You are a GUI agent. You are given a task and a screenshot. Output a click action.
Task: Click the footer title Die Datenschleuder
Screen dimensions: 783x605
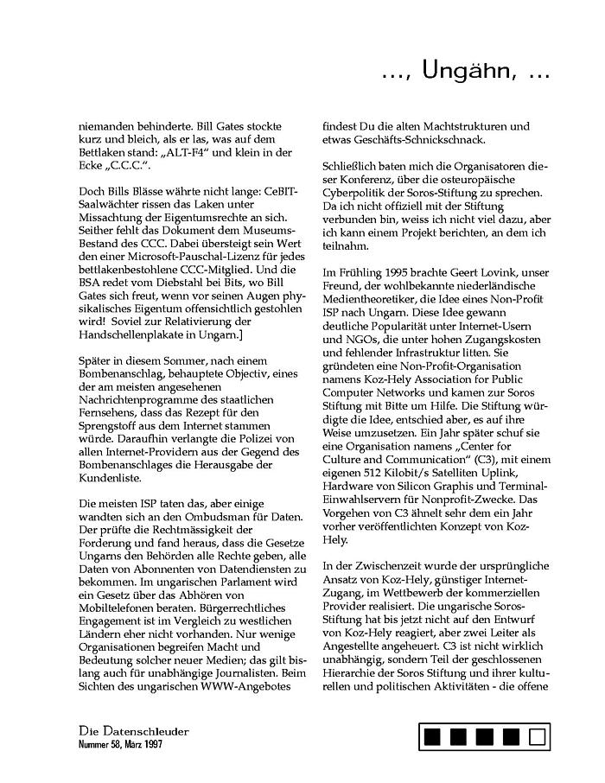133,731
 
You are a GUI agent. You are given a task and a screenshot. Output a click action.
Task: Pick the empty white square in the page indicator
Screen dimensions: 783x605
537,737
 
